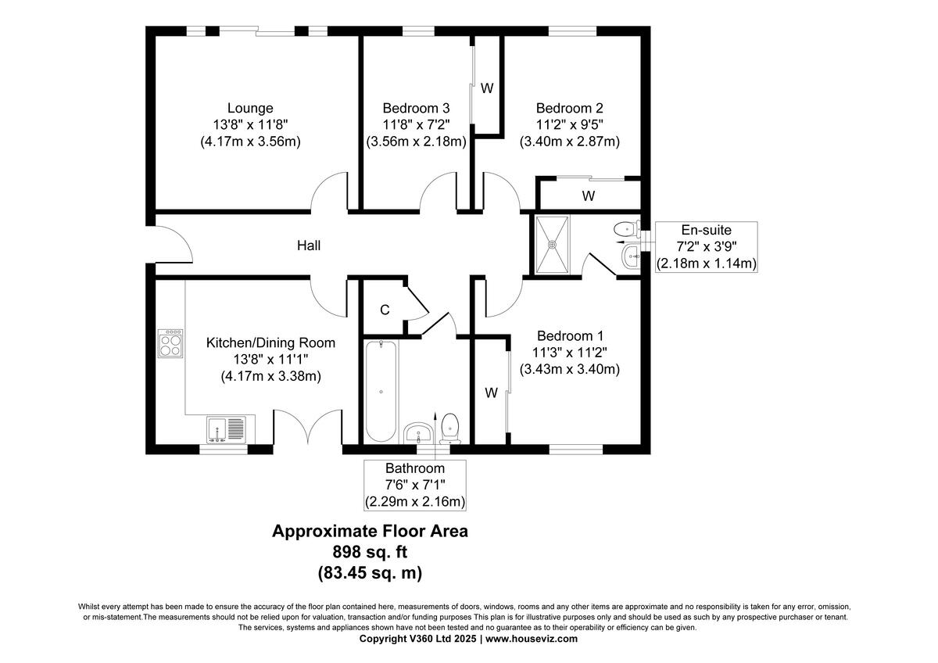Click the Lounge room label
tap(250, 108)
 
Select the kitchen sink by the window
tap(227, 430)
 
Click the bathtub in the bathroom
tap(381, 390)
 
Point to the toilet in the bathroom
tap(449, 427)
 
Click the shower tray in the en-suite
tap(553, 244)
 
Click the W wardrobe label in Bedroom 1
tap(491, 393)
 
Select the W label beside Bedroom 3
tap(487, 88)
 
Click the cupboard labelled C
tap(385, 310)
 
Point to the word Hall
tap(308, 245)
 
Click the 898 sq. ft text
tap(370, 552)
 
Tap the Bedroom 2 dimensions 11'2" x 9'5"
tap(569, 125)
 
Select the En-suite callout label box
tap(706, 246)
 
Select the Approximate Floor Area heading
tap(370, 531)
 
